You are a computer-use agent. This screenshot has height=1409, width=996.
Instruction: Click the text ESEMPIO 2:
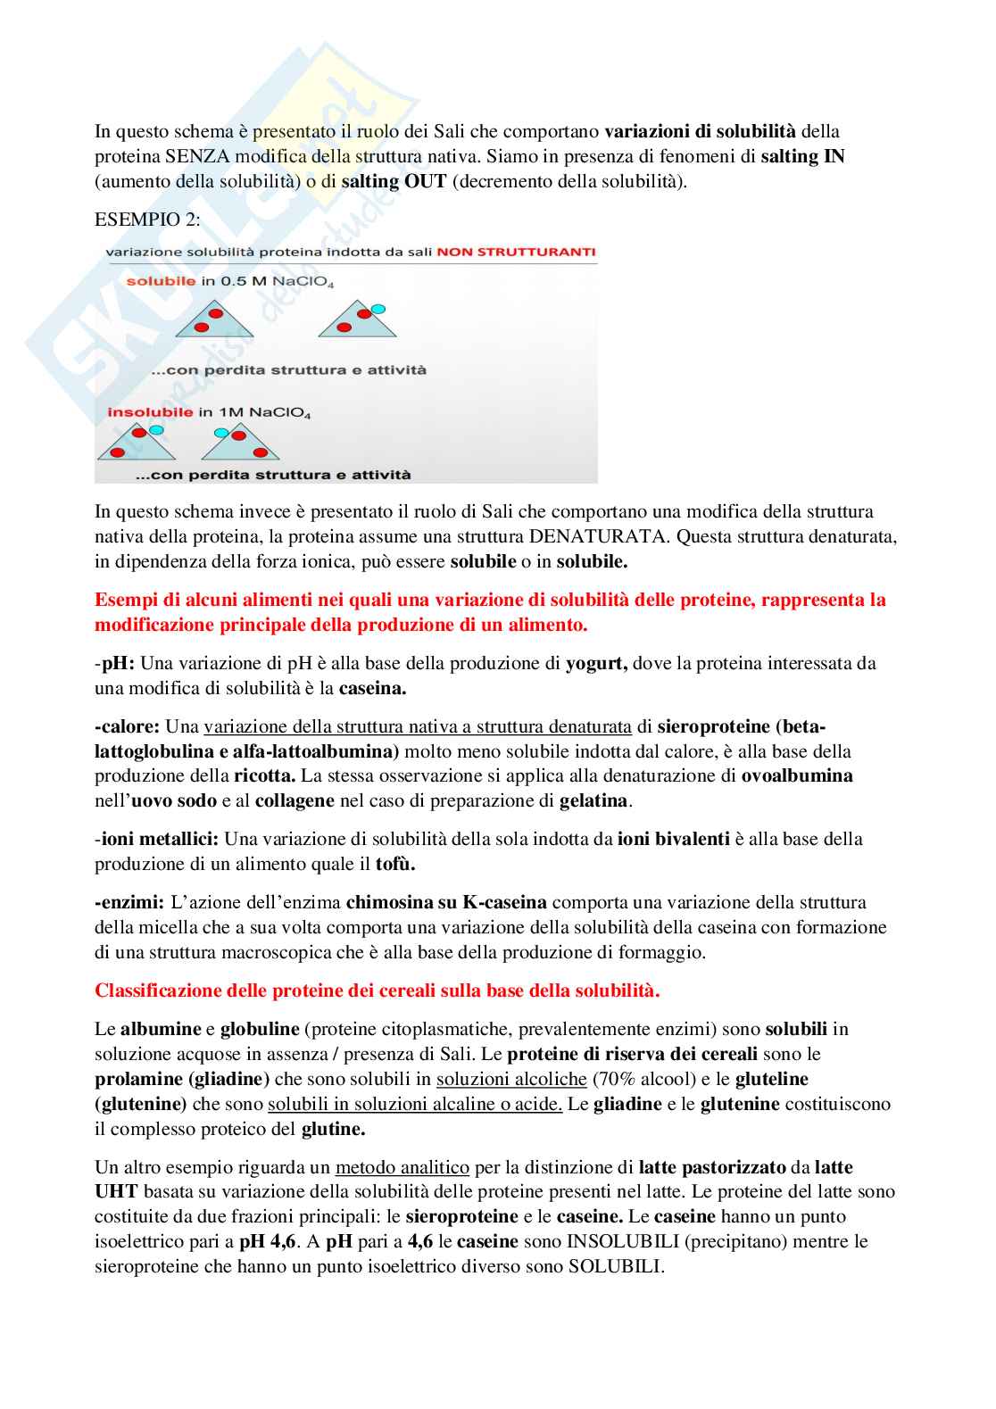tap(147, 220)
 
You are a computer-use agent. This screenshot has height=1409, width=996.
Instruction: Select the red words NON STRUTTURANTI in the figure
tap(516, 253)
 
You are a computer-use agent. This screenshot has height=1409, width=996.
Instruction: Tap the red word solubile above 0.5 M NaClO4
tap(161, 282)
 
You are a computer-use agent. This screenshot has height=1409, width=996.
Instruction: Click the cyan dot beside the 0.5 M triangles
tap(378, 309)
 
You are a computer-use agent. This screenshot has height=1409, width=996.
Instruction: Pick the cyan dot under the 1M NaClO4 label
tap(156, 430)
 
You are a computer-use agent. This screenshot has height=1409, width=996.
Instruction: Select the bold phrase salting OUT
tap(394, 181)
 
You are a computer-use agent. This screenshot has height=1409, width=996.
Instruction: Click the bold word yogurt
tap(596, 663)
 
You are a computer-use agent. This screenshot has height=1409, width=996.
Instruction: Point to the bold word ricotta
tap(264, 775)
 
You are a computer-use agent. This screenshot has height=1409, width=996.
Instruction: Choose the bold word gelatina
tap(593, 800)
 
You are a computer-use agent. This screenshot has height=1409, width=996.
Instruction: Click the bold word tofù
tap(394, 864)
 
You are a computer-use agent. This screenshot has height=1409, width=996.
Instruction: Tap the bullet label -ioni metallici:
tap(157, 839)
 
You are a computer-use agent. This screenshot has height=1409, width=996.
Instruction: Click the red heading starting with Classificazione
tap(377, 990)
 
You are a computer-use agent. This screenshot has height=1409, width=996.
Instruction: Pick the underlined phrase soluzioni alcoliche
tap(510, 1079)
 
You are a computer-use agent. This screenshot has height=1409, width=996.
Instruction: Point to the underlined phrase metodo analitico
tap(402, 1167)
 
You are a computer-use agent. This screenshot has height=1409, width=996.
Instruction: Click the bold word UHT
tap(116, 1191)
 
